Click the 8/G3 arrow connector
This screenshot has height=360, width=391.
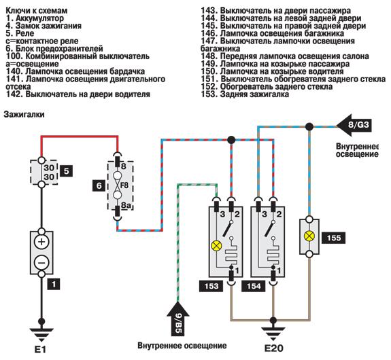354,125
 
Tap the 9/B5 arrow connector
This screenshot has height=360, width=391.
177,319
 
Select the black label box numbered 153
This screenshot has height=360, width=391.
211,286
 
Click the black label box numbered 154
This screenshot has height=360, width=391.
254,286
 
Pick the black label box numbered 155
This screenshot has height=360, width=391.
334,238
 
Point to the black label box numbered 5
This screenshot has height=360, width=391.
66,171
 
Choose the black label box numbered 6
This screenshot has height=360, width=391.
99,185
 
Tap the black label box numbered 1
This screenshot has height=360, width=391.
53,284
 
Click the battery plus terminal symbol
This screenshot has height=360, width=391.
41,242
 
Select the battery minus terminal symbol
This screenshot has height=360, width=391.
41,263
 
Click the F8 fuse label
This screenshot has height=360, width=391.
124,185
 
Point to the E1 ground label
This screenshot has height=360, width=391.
40,350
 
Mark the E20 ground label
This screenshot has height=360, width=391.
273,348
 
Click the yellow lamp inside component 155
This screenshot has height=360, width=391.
309,236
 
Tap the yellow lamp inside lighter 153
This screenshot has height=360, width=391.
216,246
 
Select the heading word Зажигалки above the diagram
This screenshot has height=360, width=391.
24,114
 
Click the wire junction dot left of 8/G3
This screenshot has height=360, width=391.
309,126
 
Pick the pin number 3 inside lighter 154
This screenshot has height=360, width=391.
265,214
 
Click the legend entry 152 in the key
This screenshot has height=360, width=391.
267,87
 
